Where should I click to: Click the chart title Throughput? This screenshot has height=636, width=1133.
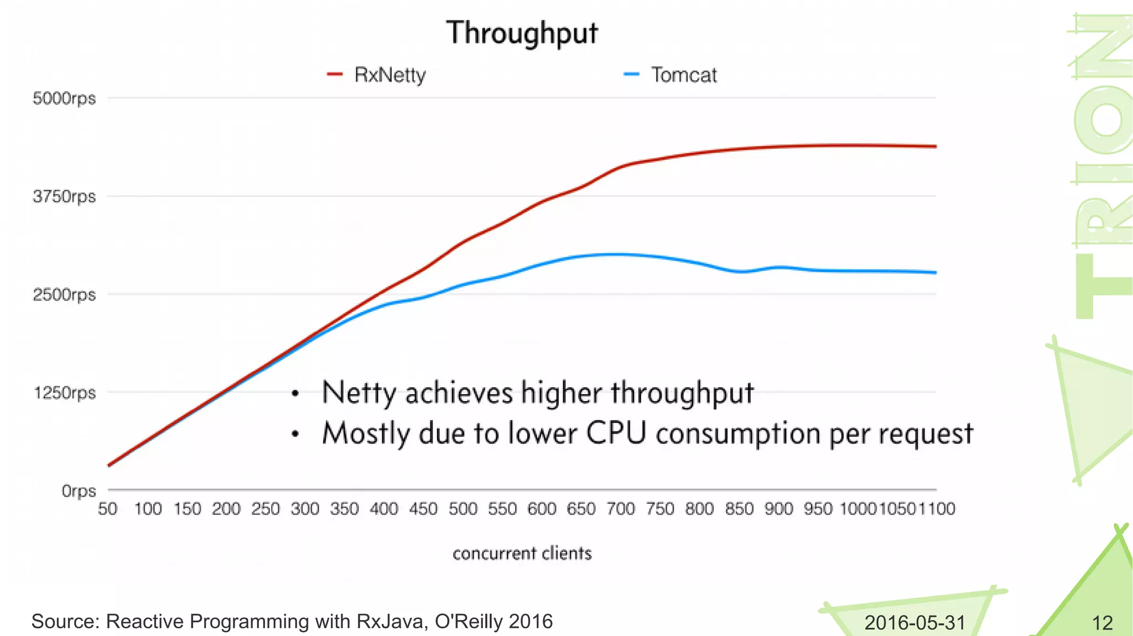522,33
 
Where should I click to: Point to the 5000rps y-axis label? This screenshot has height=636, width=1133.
64,98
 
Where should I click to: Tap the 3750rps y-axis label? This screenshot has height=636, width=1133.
64,196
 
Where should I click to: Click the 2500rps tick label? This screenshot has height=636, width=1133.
64,294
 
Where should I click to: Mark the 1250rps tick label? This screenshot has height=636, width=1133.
65,393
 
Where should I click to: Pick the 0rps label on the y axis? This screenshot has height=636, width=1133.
79,491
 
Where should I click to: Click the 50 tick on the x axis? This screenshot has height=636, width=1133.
108,509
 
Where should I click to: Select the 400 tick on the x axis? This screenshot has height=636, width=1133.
384,509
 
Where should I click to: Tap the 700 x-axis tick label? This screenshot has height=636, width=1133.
621,509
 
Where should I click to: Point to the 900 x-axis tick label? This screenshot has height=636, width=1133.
778,509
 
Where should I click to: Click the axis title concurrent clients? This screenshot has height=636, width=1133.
522,553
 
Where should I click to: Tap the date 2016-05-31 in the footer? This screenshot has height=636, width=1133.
914,623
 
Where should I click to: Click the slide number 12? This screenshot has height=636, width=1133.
1102,623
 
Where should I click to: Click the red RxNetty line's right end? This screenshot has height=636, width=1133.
935,147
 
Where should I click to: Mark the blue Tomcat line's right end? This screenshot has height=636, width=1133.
935,273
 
